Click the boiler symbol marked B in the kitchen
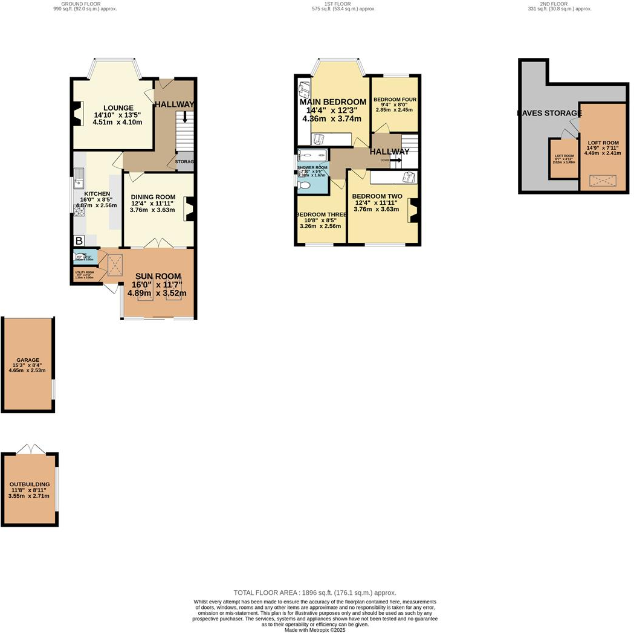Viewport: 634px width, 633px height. coord(79,241)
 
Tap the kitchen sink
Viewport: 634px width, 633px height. coord(79,178)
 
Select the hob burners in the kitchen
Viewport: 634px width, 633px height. coord(79,210)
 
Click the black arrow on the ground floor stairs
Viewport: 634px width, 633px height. coord(185,117)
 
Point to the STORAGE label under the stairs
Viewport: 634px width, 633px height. coord(185,162)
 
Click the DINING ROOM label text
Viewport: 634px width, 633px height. coord(152,197)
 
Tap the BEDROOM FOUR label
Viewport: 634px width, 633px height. coord(395,100)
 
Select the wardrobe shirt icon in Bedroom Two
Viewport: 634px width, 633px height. coord(409,178)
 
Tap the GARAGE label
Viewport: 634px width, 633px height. coord(28,360)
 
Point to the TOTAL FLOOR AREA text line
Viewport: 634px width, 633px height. coord(315,593)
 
